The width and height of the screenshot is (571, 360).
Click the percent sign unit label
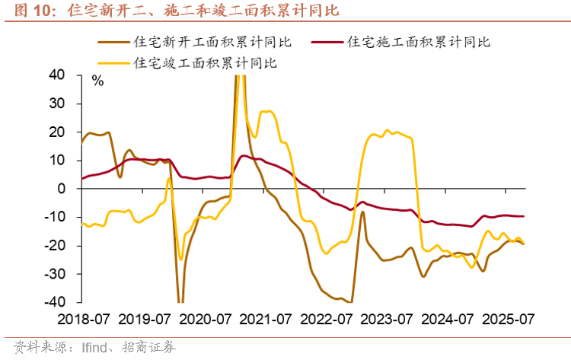[97, 80]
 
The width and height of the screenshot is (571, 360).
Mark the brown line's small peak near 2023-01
[362, 212]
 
